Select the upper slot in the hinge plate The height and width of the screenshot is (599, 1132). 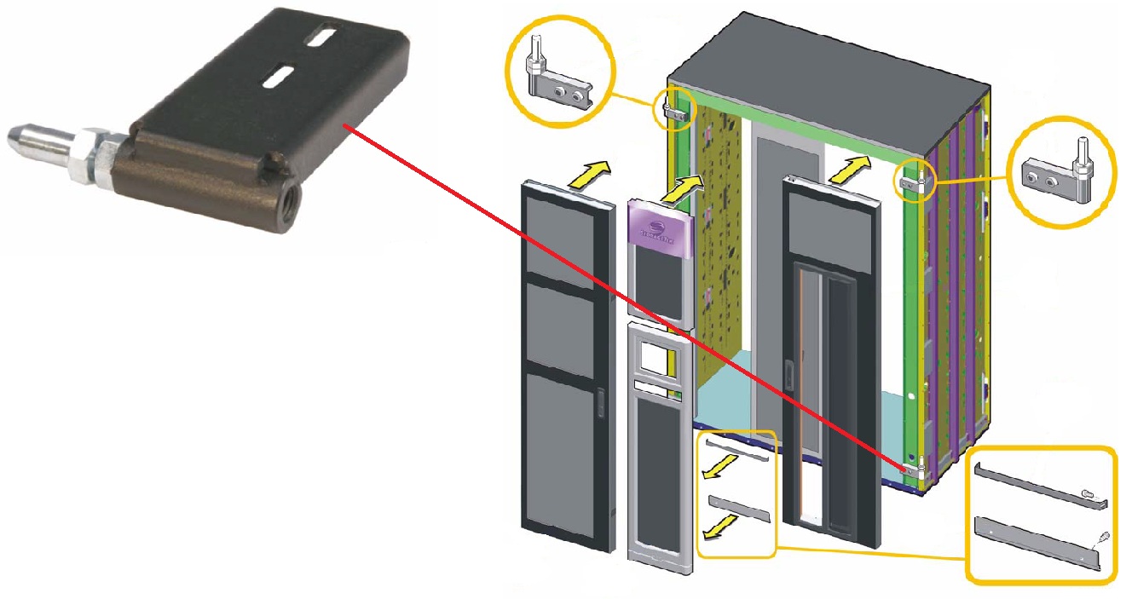[x=321, y=39]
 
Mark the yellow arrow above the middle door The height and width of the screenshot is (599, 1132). [x=691, y=187]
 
